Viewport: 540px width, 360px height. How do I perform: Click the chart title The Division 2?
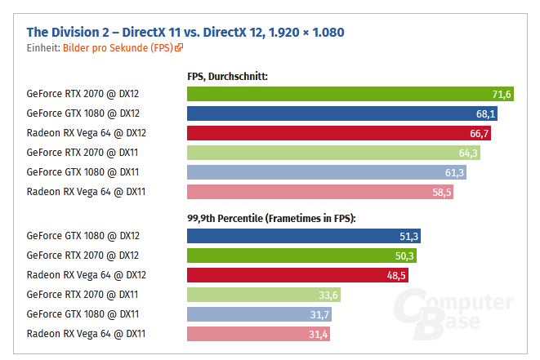coord(185,32)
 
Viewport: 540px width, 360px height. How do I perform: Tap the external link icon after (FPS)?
coord(179,48)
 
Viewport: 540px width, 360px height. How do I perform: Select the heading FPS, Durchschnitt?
coord(228,77)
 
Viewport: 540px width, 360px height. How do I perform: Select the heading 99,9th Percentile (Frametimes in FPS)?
coord(272,218)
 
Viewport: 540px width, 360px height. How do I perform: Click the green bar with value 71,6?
coord(350,95)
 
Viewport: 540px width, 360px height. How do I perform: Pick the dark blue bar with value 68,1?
coord(342,113)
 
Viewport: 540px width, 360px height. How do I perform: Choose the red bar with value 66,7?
coord(339,132)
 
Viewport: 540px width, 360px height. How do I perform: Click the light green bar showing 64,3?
coord(334,152)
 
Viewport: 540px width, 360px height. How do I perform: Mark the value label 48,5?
coord(395,275)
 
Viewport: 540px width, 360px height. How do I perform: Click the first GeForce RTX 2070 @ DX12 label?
coord(83,95)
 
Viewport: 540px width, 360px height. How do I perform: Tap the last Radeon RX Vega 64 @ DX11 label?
coord(86,333)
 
